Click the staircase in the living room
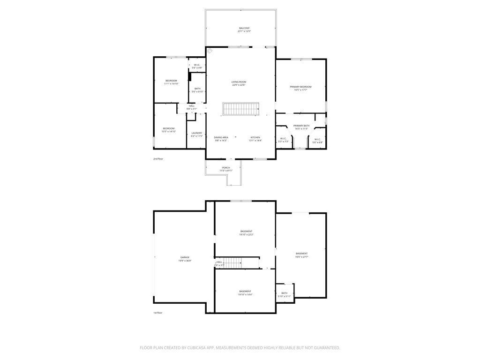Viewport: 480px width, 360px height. pyautogui.click(x=241, y=109)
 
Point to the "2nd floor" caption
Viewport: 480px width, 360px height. pyautogui.click(x=158, y=159)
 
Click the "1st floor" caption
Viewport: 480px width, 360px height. pyautogui.click(x=157, y=313)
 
